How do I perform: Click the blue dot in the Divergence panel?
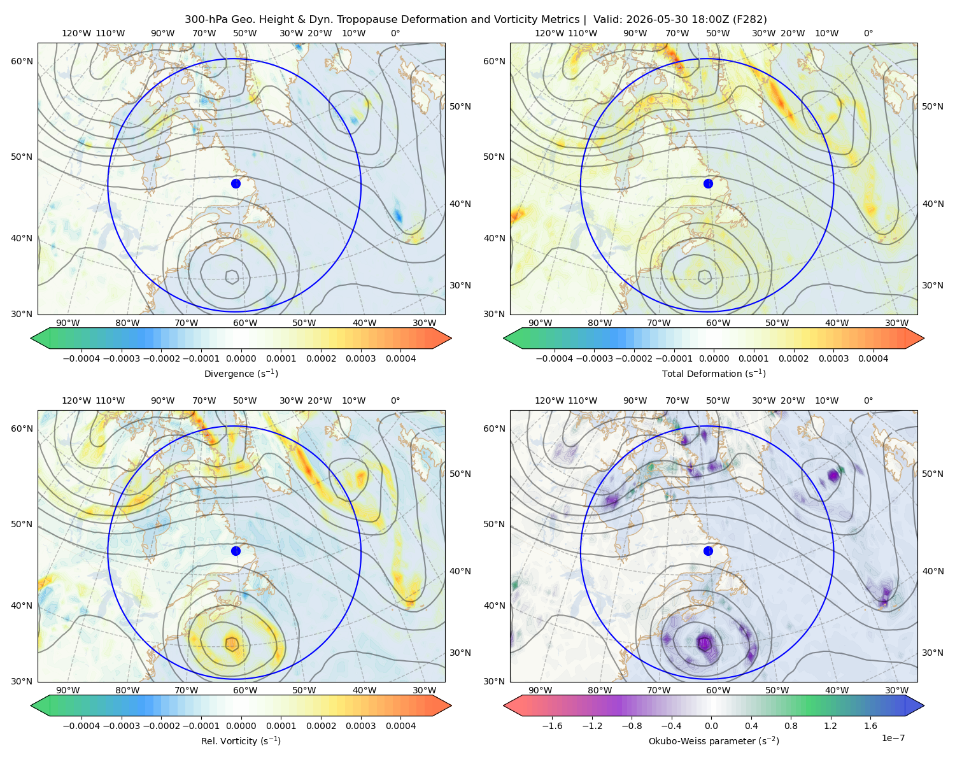[x=236, y=183]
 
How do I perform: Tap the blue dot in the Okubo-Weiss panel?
[x=708, y=551]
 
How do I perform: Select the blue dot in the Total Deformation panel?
[x=708, y=183]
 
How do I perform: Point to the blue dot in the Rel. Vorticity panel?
[x=236, y=551]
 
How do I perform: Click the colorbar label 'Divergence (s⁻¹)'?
[x=241, y=373]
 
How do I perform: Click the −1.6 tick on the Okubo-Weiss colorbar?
[x=552, y=726]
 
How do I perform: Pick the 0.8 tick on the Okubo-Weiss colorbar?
[x=791, y=726]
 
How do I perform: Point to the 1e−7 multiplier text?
[x=893, y=738]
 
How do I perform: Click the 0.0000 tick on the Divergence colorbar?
[x=241, y=358]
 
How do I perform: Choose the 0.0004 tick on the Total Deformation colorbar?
[x=873, y=358]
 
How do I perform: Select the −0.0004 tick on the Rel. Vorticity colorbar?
[x=81, y=726]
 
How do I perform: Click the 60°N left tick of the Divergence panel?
[x=22, y=61]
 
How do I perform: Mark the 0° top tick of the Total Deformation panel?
[x=868, y=33]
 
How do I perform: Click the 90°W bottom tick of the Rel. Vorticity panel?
[x=68, y=690]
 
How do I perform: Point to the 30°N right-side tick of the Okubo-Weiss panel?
[x=932, y=653]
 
